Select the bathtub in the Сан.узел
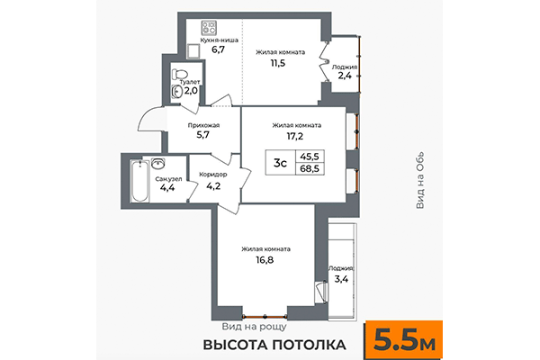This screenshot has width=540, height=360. [137, 183]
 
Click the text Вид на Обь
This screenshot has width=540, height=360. [420, 180]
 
